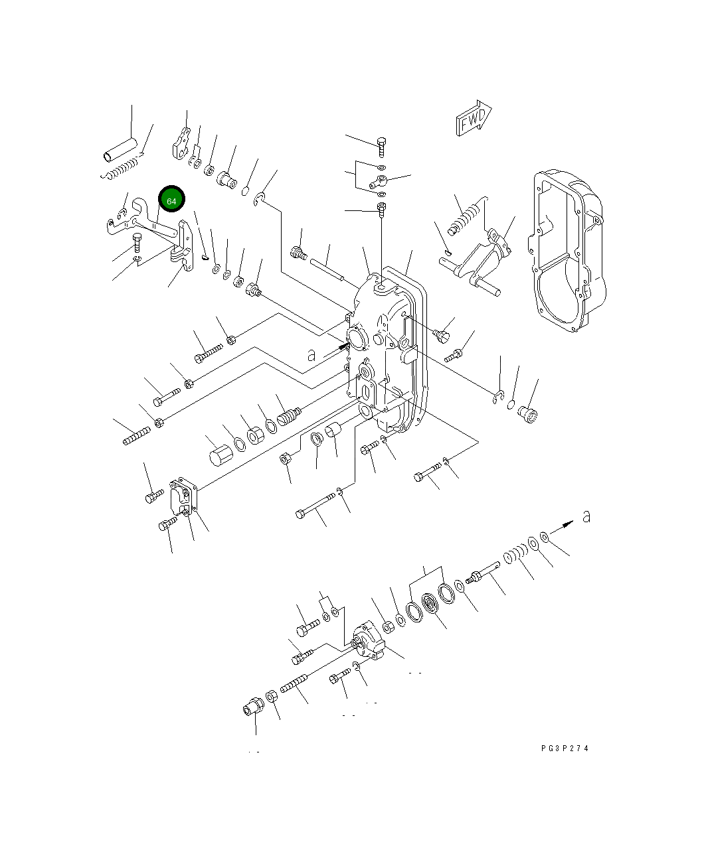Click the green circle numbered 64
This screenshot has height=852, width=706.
coord(171,200)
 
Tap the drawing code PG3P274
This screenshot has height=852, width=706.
coord(565,748)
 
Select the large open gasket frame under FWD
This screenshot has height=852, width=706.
coord(568,252)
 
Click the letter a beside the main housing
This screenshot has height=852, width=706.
coord(311,356)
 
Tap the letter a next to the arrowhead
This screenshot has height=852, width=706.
coord(586,516)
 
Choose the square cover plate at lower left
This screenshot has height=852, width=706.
coord(183,497)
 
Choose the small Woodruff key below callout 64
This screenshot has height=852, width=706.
coord(205,251)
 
